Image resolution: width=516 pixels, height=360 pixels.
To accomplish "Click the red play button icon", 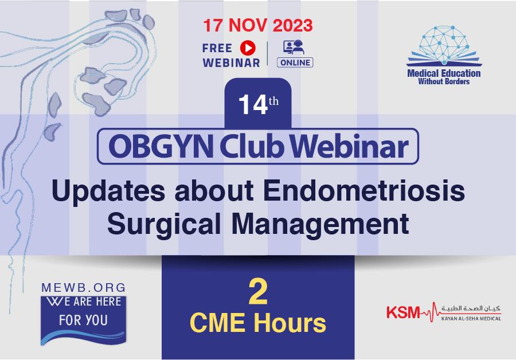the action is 248,48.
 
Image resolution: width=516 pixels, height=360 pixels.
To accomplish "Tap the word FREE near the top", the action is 217,48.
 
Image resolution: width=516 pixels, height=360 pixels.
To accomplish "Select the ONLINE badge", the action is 295,62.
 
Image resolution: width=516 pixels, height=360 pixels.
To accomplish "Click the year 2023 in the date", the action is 292,25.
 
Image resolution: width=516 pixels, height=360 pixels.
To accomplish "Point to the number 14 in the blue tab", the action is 253,105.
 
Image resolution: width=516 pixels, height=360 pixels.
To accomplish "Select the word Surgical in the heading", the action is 163,224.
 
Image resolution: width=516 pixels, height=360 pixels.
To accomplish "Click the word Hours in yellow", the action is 290,323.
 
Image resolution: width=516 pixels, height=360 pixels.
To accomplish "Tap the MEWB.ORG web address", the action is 84,288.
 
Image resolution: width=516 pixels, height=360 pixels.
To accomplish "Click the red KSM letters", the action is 403,312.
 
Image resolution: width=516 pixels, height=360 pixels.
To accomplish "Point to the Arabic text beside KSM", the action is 471,308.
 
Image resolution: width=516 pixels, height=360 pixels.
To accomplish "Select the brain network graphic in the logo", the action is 444,44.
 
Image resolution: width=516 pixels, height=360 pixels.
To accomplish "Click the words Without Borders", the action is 444,81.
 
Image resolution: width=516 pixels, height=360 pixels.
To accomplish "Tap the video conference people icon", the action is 294,47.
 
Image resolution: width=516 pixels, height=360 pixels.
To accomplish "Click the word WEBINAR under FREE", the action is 232,62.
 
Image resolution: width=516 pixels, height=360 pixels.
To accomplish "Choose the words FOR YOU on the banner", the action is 83,320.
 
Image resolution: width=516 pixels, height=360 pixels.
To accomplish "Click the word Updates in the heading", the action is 108,192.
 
